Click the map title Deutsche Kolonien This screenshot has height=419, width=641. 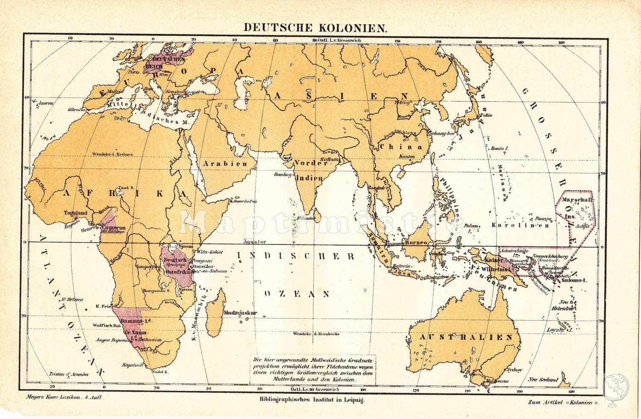pos(315,27)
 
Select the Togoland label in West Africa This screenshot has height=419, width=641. pos(76,213)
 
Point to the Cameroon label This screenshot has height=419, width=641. pos(113,228)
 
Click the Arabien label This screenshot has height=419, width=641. pos(225,164)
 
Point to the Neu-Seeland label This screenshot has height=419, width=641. pos(543,379)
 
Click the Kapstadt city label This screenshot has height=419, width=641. pos(132,366)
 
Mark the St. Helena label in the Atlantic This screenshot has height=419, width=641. pos(68,299)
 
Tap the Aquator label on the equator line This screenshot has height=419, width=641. pos(255,242)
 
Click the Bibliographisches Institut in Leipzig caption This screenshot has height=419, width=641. pos(312,400)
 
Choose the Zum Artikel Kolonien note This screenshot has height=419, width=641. pos(564,402)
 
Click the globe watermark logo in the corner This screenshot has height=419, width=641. pos(616,387)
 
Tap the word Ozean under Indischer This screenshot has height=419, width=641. pos(297,294)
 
